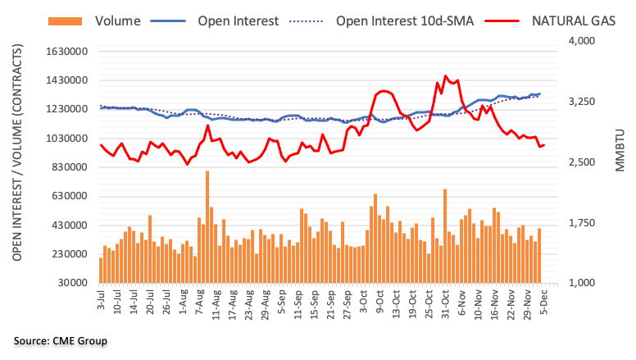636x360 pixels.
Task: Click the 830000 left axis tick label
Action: pos(68,167)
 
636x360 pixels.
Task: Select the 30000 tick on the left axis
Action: pos(71,283)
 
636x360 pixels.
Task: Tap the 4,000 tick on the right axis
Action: pos(580,42)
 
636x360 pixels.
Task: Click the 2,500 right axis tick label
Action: pos(580,162)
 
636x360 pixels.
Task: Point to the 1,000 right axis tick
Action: pos(580,283)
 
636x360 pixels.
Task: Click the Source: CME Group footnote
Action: pos(60,340)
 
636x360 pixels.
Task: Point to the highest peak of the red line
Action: pos(445,76)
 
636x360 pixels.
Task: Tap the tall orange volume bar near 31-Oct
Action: pos(445,235)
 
